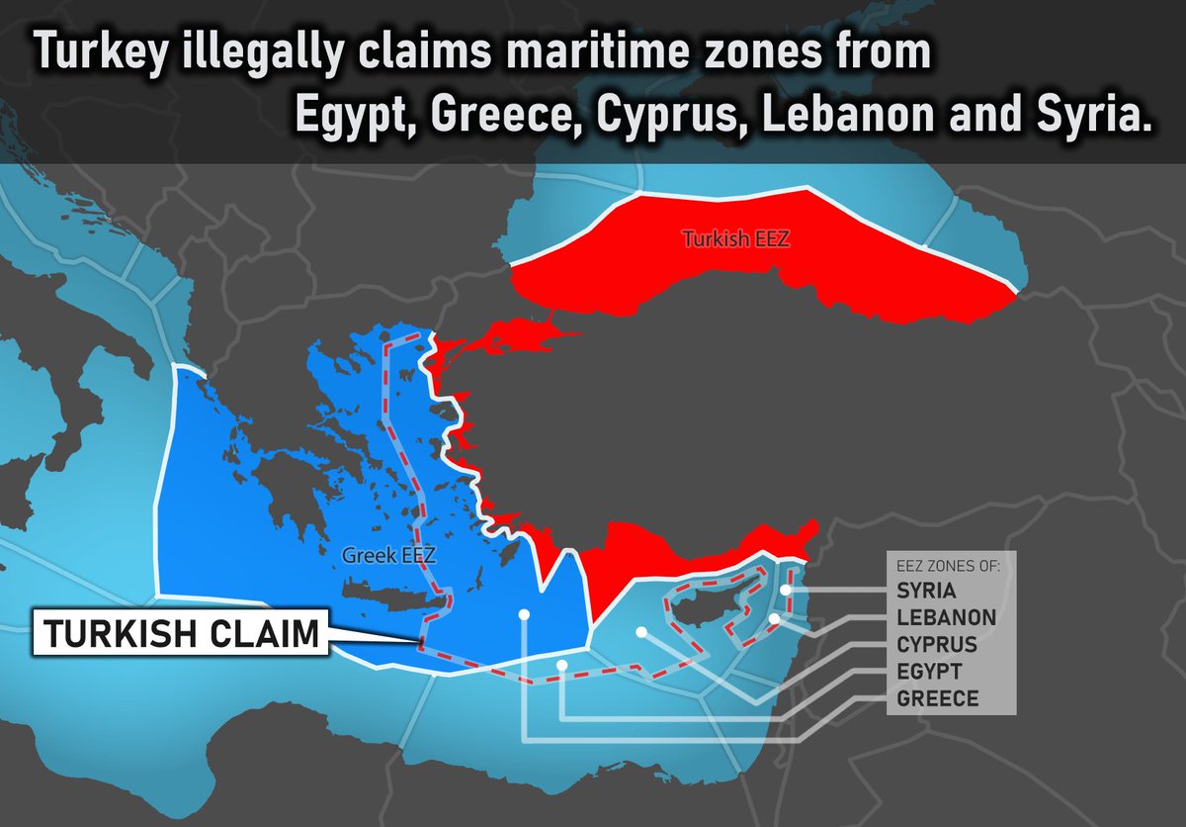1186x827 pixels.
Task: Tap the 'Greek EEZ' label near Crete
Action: pyautogui.click(x=388, y=556)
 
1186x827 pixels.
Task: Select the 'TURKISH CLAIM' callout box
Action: pyautogui.click(x=180, y=634)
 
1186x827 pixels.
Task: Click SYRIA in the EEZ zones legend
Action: pyautogui.click(x=926, y=591)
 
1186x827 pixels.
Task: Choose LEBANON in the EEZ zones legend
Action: pyautogui.click(x=946, y=618)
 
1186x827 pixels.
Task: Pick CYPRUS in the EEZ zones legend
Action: pyautogui.click(x=937, y=645)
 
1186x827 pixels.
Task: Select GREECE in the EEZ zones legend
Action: pyautogui.click(x=937, y=698)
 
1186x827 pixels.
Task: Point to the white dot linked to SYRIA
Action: pyautogui.click(x=785, y=591)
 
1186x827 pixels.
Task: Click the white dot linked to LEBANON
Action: pyautogui.click(x=775, y=618)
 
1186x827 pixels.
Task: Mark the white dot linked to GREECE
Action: pyautogui.click(x=524, y=615)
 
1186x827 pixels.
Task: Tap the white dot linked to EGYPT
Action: pyautogui.click(x=561, y=665)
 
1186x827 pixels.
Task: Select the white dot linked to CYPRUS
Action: pyautogui.click(x=641, y=631)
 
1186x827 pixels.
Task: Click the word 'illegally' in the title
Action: pyautogui.click(x=261, y=54)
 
